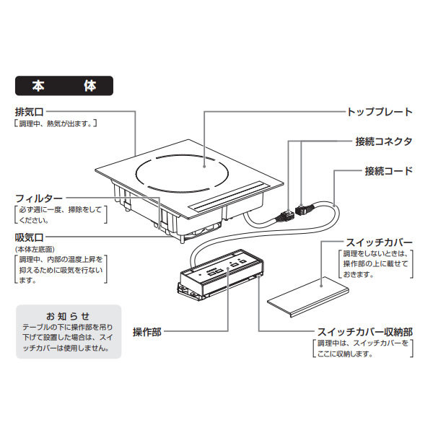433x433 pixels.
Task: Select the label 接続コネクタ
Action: click(x=384, y=141)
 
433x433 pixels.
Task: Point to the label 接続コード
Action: click(x=388, y=171)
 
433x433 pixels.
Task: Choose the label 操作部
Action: click(x=146, y=332)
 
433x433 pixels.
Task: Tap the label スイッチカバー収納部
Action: click(x=365, y=332)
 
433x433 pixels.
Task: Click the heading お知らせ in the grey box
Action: click(x=68, y=316)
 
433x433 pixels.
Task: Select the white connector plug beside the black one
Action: click(x=286, y=214)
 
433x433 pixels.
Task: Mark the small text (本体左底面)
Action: click(x=33, y=249)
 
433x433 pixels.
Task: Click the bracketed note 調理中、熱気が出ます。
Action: click(x=56, y=124)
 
